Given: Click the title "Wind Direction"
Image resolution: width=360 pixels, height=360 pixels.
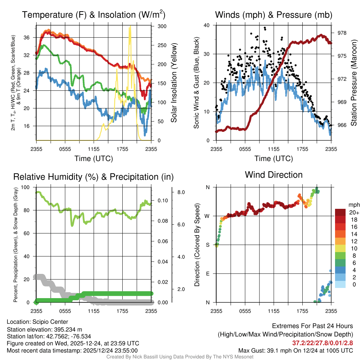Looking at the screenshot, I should [x=274, y=175].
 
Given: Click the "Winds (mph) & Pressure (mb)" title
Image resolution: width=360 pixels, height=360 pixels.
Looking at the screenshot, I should [x=274, y=15].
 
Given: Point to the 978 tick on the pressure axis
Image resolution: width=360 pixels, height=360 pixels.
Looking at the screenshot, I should [x=342, y=33].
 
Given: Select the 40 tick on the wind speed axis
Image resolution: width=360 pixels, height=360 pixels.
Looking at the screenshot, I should [x=207, y=25].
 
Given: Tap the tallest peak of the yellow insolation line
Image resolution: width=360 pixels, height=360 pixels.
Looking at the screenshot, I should [x=130, y=27].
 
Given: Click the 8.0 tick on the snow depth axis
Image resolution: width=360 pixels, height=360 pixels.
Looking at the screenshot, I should [x=181, y=192].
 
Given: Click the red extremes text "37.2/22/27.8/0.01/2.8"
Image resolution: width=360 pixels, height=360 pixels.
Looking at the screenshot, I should [x=322, y=343].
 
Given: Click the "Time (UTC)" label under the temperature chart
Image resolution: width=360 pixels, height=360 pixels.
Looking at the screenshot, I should [x=94, y=159].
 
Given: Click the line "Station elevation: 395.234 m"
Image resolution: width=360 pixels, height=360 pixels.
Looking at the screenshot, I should [x=44, y=329].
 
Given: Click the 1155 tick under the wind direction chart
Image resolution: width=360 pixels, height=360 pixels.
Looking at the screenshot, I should [x=274, y=311].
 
